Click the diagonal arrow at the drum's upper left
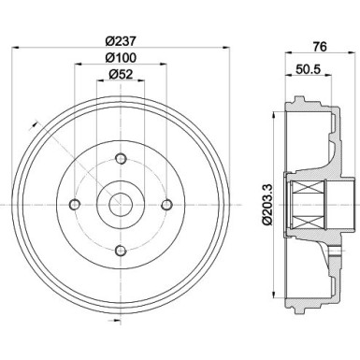pyautogui.click(x=34, y=122)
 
